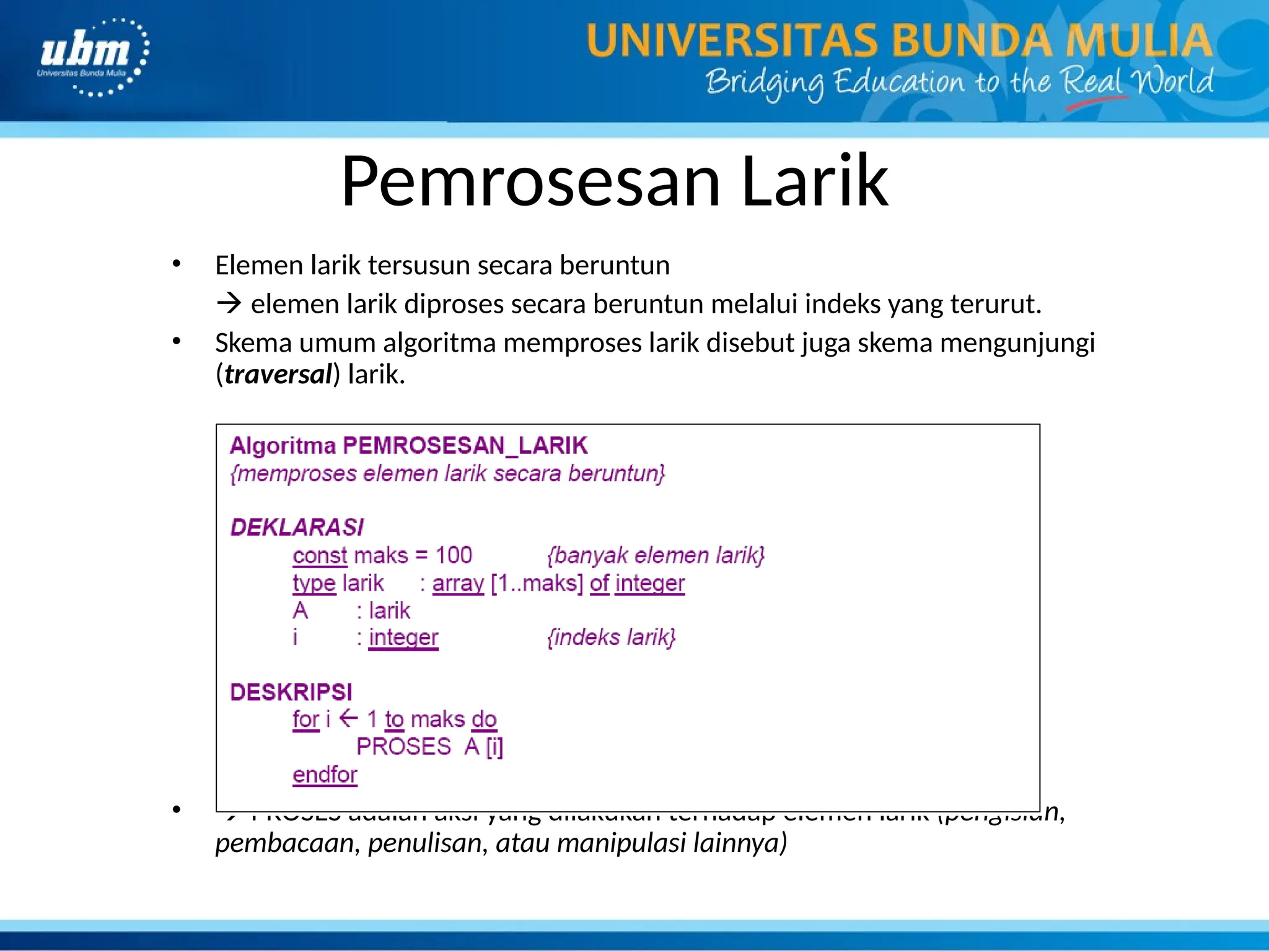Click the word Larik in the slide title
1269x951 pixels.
tap(814, 181)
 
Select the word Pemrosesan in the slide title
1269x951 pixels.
tap(531, 181)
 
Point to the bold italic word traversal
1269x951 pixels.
tap(278, 375)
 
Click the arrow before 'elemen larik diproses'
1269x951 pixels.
tap(229, 304)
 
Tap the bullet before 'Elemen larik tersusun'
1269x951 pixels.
tap(177, 264)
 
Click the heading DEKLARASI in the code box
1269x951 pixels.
tap(297, 528)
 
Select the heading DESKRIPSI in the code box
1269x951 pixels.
tap(291, 692)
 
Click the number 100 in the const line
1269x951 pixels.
tap(454, 555)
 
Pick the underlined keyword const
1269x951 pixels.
tap(320, 555)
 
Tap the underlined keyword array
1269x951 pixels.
tap(458, 583)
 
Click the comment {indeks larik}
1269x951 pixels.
tap(611, 637)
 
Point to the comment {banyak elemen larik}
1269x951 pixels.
tap(656, 555)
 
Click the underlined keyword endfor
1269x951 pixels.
tap(325, 775)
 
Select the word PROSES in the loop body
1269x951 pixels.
tap(403, 747)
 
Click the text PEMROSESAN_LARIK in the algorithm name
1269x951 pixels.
tap(465, 446)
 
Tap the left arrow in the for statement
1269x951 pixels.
tap(349, 718)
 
